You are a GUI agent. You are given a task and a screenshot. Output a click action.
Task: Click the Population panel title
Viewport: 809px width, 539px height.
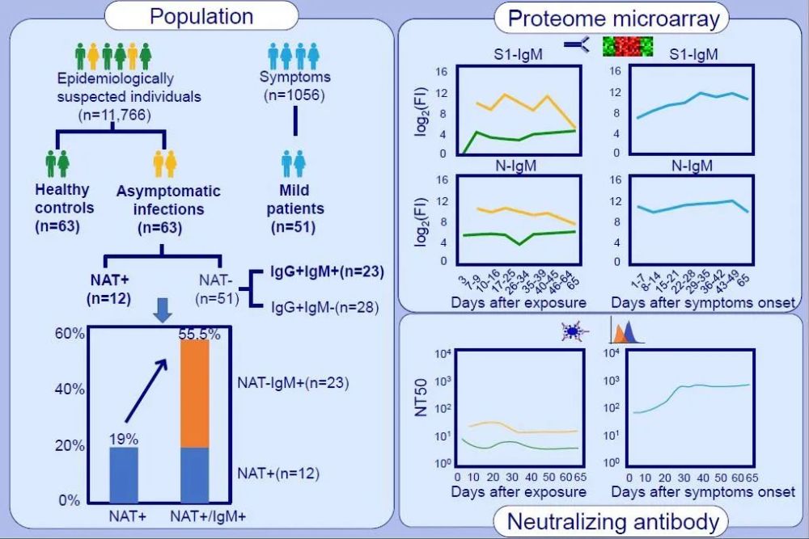click(201, 16)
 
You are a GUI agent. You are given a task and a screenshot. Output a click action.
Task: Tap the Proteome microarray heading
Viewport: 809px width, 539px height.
click(613, 19)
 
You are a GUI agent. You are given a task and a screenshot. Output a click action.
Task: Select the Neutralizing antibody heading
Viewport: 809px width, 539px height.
click(613, 521)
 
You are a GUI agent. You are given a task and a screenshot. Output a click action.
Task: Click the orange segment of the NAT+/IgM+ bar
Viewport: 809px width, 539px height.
click(194, 394)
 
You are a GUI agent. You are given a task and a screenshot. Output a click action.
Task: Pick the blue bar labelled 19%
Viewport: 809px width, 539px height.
click(124, 474)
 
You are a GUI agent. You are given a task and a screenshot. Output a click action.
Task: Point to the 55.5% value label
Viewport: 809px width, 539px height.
click(199, 334)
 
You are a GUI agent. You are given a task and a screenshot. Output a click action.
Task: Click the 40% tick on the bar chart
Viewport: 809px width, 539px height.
click(70, 389)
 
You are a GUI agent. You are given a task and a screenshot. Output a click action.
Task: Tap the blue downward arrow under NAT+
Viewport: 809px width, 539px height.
click(163, 310)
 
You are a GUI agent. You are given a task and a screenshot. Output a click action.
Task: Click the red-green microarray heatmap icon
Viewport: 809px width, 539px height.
click(628, 46)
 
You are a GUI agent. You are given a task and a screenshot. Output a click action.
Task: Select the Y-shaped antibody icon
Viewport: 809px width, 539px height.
click(576, 44)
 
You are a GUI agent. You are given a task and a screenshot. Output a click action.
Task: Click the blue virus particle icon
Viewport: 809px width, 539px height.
click(572, 331)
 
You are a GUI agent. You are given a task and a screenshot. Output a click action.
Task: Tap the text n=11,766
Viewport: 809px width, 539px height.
click(115, 115)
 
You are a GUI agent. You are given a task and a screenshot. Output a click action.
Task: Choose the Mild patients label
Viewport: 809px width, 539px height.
click(295, 208)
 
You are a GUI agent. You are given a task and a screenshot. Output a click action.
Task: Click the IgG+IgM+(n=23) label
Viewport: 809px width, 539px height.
click(327, 272)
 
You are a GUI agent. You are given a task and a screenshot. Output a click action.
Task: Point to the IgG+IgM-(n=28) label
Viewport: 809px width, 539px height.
click(325, 307)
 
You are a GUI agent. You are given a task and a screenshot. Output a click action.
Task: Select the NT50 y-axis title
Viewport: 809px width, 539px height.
click(421, 398)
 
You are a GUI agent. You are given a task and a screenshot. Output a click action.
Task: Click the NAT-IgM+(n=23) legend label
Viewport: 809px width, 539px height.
click(293, 383)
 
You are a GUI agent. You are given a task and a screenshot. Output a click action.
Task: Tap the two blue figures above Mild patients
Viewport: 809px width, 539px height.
click(294, 164)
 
